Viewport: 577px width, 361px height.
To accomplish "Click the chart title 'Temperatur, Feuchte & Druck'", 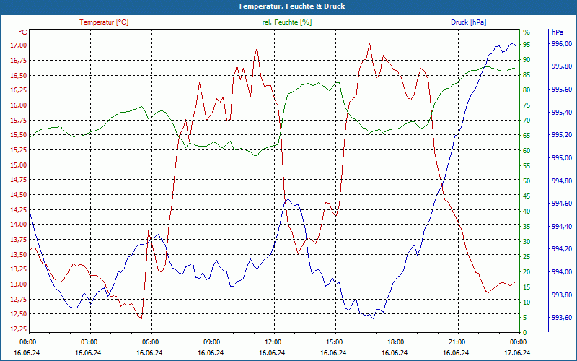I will point(288,6).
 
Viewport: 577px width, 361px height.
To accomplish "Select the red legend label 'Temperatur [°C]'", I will point(104,22).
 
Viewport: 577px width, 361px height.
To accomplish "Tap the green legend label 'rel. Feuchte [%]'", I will point(287,22).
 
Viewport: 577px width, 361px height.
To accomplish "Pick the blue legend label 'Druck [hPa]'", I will point(469,22).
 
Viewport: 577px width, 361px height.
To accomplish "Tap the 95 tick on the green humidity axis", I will point(527,45).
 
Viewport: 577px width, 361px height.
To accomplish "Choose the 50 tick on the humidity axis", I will point(527,180).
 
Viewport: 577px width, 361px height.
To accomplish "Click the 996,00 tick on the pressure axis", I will point(562,45).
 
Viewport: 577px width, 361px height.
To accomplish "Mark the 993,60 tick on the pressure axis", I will point(562,318).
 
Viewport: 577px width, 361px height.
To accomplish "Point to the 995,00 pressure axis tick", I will point(562,158).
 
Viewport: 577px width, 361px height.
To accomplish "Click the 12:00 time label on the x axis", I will point(273,342).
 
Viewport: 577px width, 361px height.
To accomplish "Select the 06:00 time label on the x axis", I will point(151,342).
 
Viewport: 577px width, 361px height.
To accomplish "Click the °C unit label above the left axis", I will point(23,32).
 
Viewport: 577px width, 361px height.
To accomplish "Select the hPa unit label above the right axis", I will point(558,32).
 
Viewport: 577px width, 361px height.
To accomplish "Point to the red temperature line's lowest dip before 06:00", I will point(141,318).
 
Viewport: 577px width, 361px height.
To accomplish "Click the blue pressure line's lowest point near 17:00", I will point(372,318).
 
